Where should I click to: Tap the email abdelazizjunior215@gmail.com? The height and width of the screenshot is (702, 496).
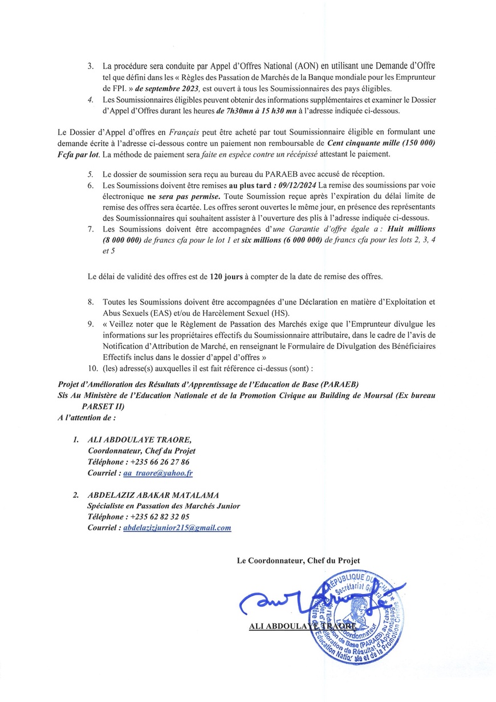tap(177, 527)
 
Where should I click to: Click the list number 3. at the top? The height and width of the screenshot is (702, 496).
tap(91, 67)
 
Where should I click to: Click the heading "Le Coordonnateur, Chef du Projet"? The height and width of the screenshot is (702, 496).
tap(298, 561)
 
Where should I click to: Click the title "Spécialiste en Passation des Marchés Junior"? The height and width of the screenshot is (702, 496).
tap(164, 506)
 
